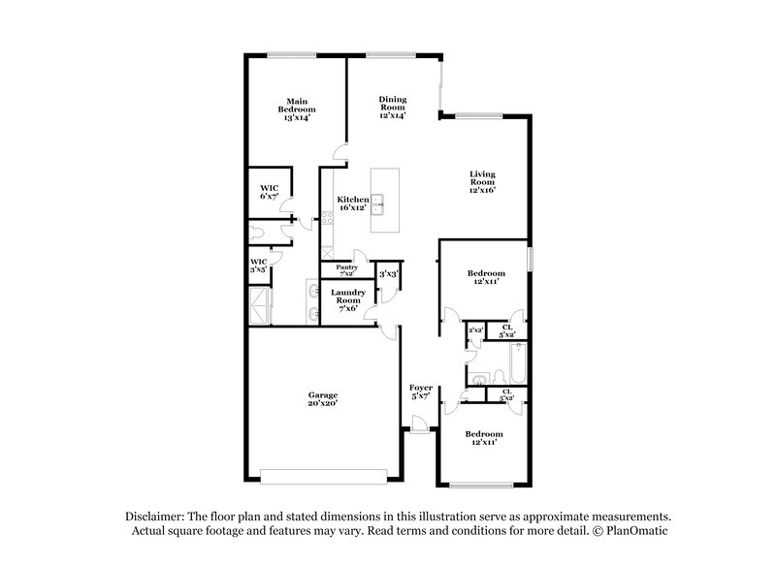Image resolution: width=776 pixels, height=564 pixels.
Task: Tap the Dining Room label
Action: [x=392, y=106]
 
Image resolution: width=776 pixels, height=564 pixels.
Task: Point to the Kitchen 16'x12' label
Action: [x=352, y=204]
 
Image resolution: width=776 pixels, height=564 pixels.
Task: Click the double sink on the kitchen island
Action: [x=384, y=203]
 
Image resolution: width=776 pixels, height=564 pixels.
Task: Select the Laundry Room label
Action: [x=346, y=299]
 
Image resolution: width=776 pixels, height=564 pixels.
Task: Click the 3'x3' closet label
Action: [x=388, y=274]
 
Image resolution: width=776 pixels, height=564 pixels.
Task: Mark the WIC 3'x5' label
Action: [x=259, y=265]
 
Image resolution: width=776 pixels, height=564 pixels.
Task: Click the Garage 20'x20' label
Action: [x=323, y=399]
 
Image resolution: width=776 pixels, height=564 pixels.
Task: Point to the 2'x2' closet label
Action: [x=476, y=331]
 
